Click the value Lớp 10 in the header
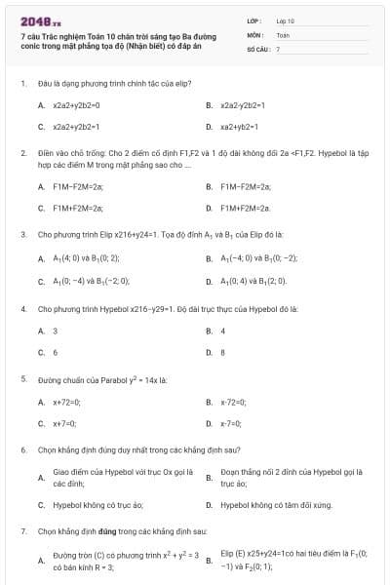pyautogui.click(x=286, y=19)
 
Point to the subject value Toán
pyautogui.click(x=283, y=34)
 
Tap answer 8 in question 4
pyautogui.click(x=222, y=352)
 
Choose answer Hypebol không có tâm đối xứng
pyautogui.click(x=276, y=506)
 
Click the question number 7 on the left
pyautogui.click(x=22, y=531)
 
